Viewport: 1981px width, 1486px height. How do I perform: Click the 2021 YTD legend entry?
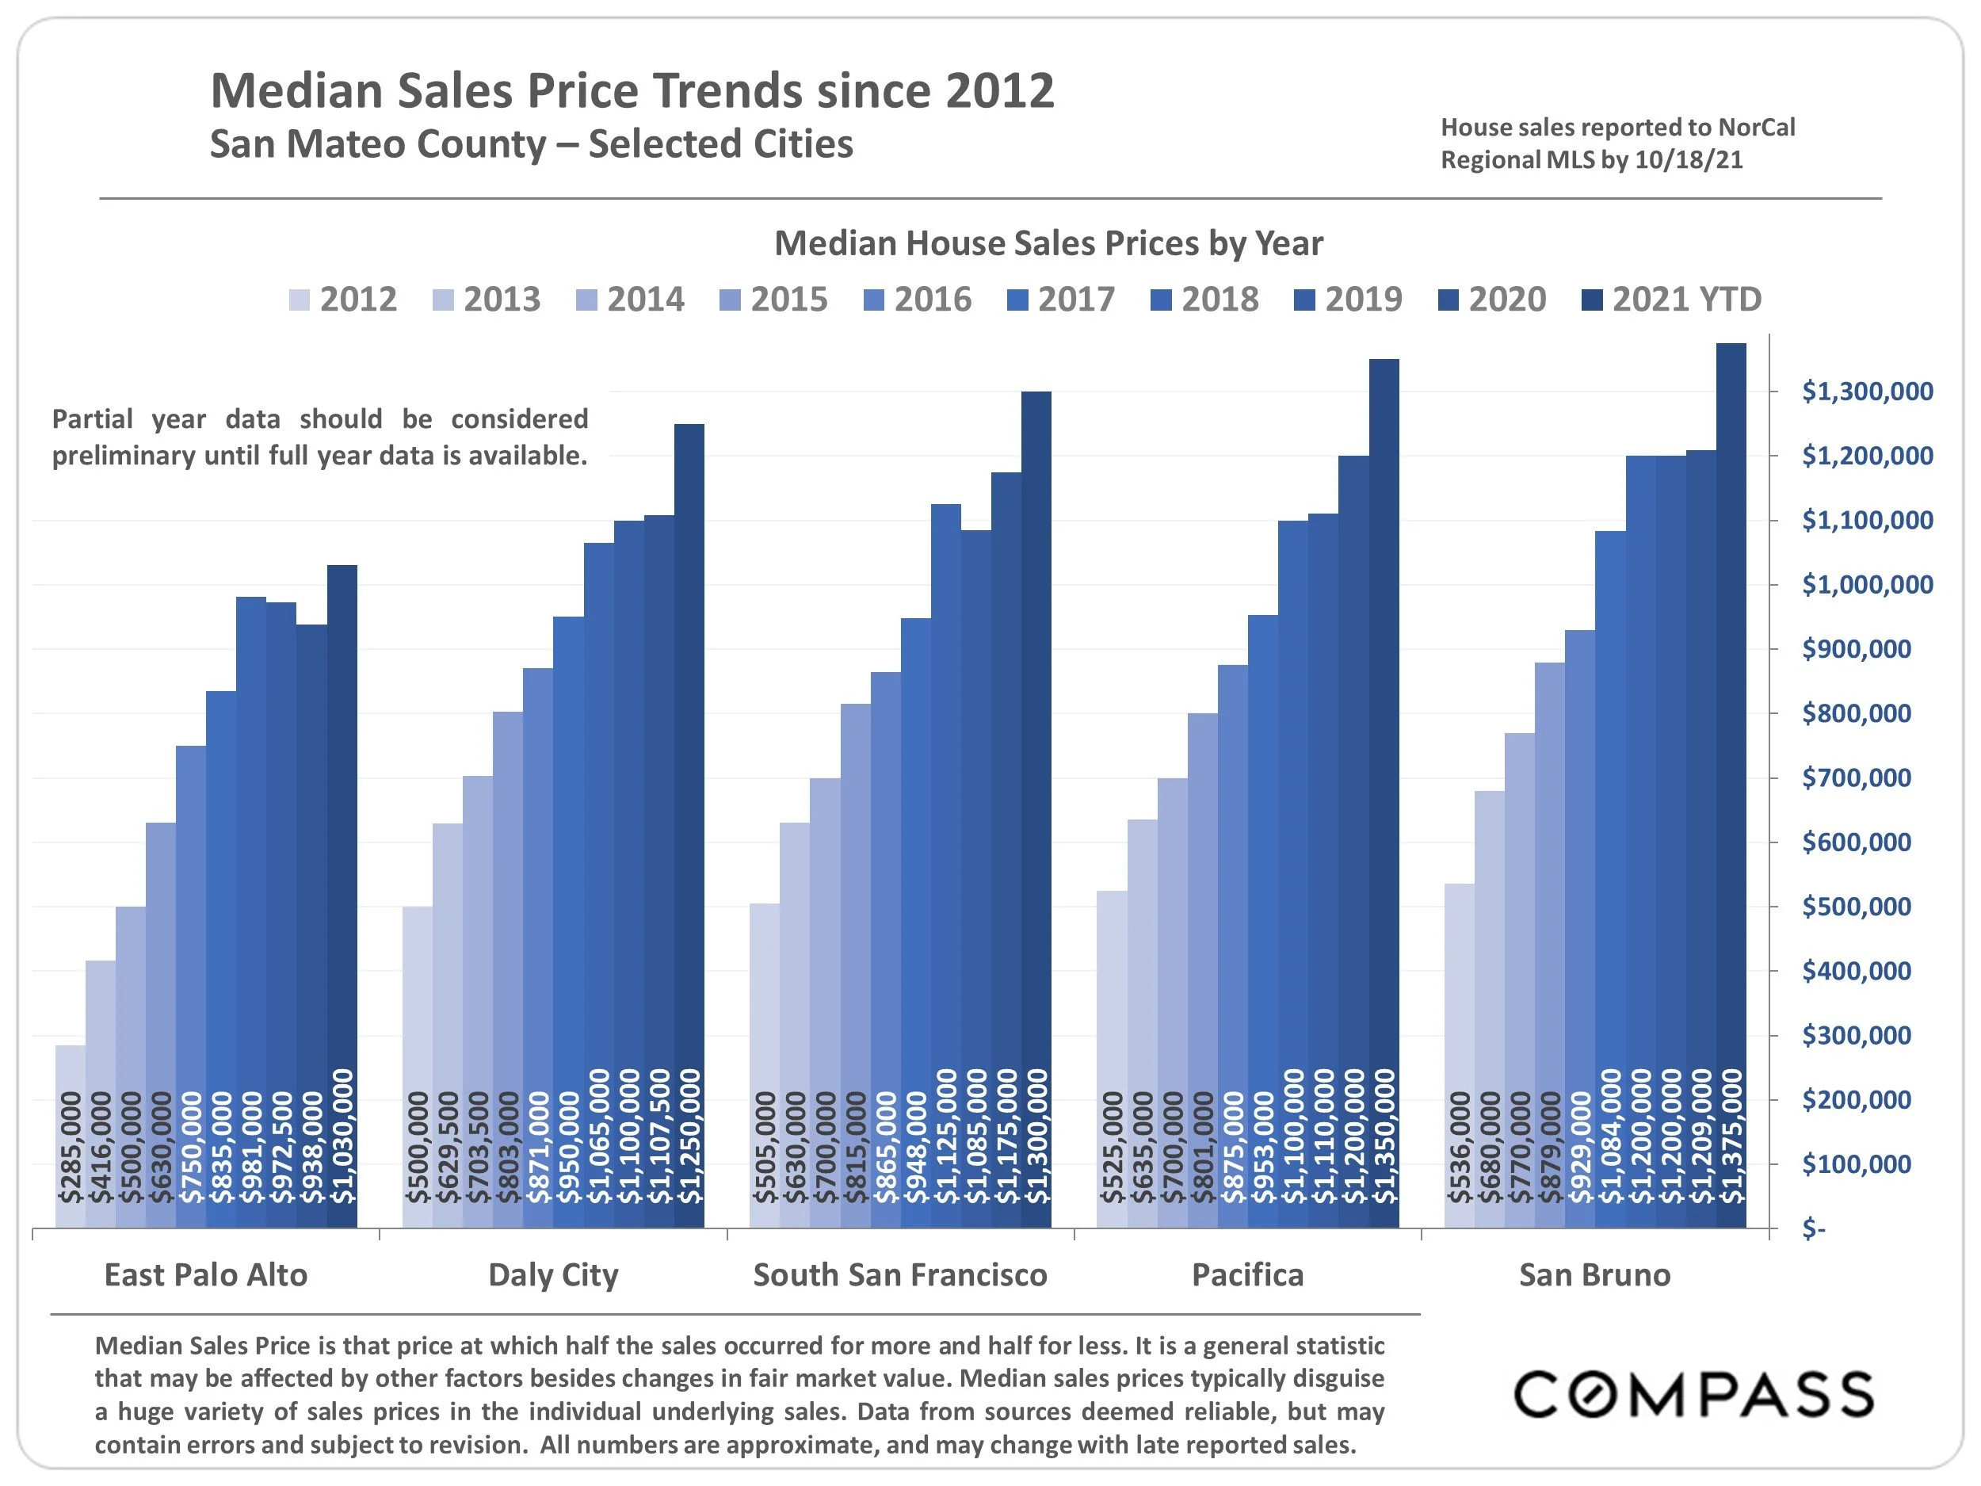click(1671, 299)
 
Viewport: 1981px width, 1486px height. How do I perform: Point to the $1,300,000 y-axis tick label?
click(1866, 392)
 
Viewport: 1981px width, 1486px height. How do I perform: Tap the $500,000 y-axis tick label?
click(1856, 907)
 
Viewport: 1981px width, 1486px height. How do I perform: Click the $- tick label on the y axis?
click(1813, 1229)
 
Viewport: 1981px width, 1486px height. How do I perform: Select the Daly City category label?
click(552, 1274)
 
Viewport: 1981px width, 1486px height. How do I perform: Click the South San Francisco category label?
click(900, 1274)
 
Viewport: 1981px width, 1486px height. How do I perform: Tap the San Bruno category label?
click(1594, 1274)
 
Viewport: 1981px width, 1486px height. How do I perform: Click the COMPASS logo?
click(1693, 1395)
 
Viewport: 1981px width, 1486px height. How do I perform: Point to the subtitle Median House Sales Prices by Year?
click(1048, 243)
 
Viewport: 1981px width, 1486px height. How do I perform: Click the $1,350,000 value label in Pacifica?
click(1384, 1136)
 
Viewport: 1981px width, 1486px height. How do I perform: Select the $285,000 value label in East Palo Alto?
click(71, 1147)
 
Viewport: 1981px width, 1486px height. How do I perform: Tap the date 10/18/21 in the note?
click(1688, 160)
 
